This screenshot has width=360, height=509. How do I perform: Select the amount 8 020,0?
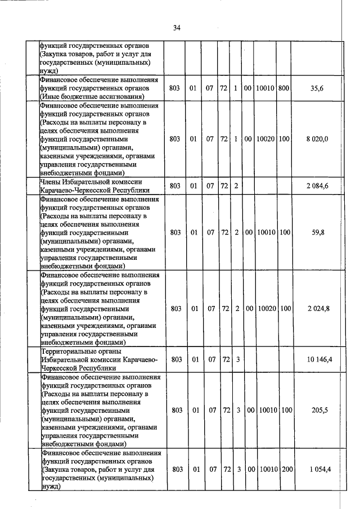(317, 138)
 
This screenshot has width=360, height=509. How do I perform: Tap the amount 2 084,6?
(317, 186)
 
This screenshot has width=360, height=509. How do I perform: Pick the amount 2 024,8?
(317, 308)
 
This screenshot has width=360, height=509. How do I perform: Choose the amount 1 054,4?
(317, 469)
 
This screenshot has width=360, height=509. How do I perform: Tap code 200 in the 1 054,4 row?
(285, 469)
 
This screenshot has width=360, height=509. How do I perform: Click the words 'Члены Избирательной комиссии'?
(83, 182)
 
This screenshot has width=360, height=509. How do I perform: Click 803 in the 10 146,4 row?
(177, 359)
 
